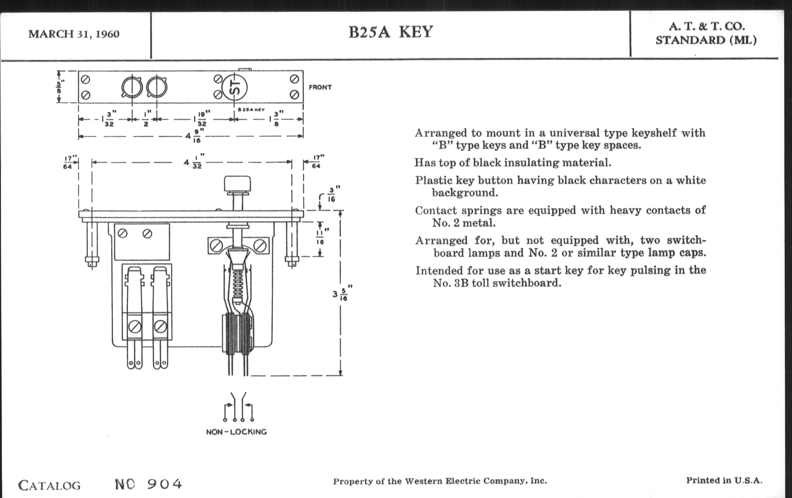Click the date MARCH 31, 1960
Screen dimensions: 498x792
(74, 34)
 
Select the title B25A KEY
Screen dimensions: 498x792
(390, 32)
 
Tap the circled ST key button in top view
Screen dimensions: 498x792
(234, 87)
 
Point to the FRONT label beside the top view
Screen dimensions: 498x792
(320, 88)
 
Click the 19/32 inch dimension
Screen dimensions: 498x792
(202, 119)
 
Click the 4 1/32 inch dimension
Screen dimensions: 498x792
(194, 162)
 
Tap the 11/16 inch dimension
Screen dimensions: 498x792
(320, 237)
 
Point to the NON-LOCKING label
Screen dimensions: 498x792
(236, 432)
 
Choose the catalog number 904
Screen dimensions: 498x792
(164, 484)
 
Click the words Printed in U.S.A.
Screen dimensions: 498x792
(724, 480)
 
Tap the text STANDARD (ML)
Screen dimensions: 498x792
(706, 40)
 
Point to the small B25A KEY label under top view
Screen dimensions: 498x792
(251, 110)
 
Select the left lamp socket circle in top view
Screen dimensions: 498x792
(132, 88)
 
